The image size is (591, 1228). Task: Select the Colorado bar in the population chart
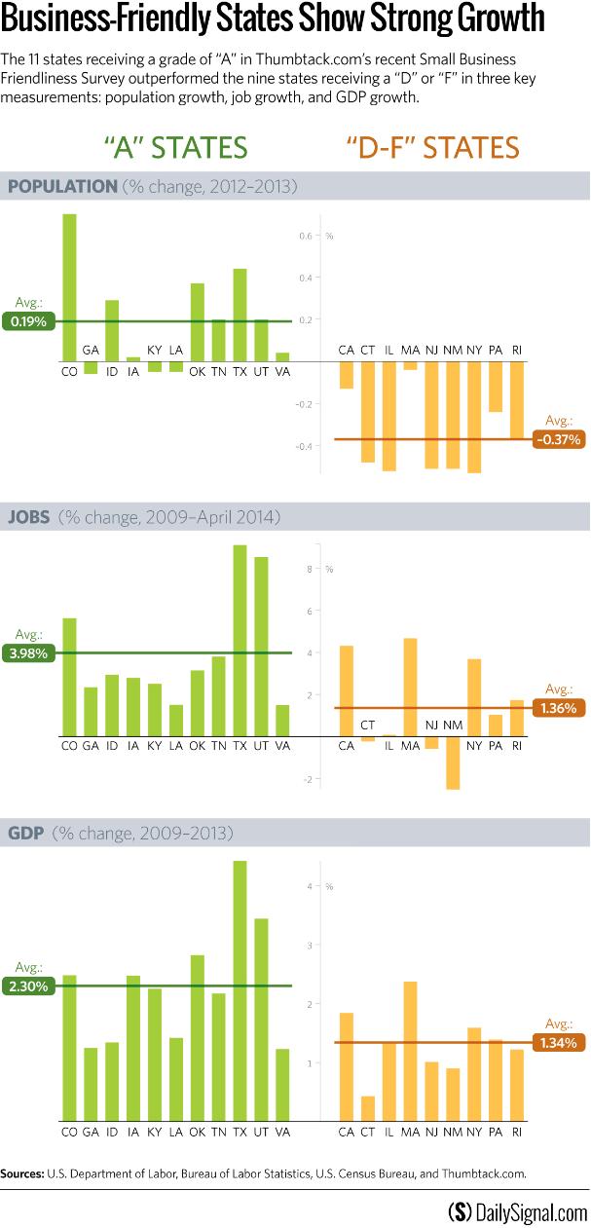coord(69,287)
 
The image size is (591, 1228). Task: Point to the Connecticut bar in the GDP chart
coord(367,1107)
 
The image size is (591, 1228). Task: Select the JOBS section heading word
coord(30,516)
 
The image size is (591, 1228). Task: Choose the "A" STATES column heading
coord(176,147)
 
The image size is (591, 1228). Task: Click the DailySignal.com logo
coord(517,1211)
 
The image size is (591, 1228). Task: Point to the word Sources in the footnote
coord(23,1173)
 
